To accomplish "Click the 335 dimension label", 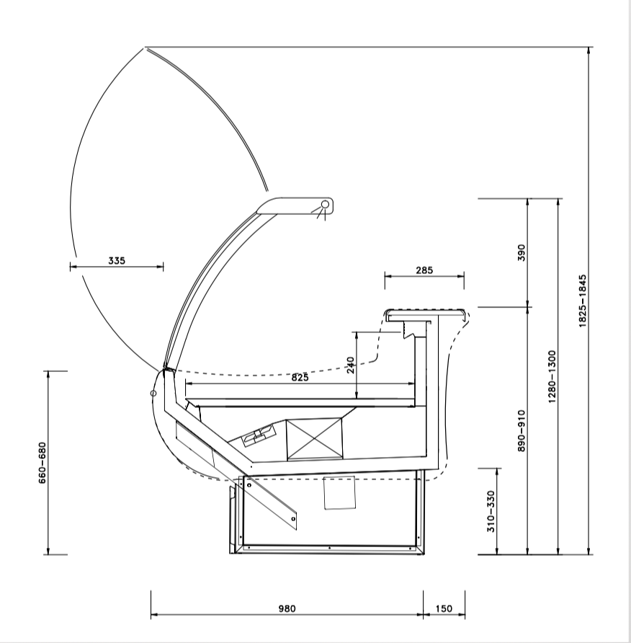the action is tap(117, 260).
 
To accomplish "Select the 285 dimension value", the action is tap(424, 270).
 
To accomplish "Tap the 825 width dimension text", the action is tap(300, 377).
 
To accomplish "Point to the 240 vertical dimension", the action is tap(351, 365).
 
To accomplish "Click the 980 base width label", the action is tap(287, 608).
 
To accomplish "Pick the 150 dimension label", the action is tap(444, 608).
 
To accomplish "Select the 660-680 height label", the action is tap(42, 463).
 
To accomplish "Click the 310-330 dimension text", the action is tap(491, 511).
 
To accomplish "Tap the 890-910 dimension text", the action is tap(522, 430).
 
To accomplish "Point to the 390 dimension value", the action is tap(522, 252).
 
